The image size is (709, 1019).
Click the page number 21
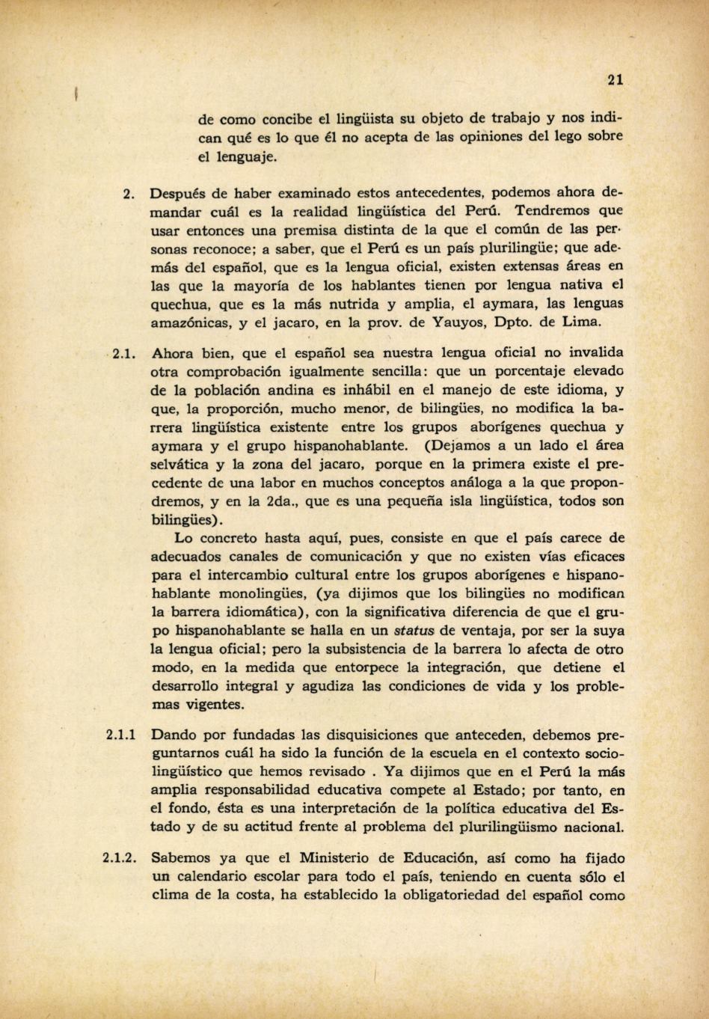click(x=616, y=80)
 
